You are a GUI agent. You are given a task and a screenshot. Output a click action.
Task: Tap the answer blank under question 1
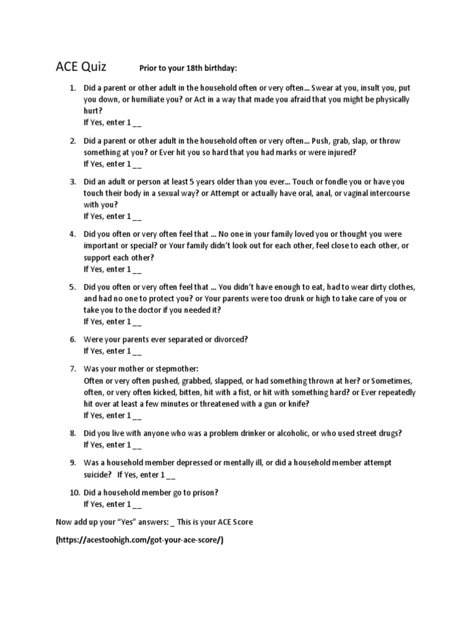click(137, 122)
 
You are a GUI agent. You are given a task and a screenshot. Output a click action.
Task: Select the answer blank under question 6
click(137, 351)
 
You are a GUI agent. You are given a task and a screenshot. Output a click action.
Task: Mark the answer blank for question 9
click(171, 475)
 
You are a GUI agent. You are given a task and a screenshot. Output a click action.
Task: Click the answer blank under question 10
click(137, 504)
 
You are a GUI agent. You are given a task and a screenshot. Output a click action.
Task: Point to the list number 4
click(72, 235)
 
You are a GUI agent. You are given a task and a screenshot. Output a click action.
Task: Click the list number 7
click(72, 368)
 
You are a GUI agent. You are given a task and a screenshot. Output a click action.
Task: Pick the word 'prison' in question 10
click(206, 493)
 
